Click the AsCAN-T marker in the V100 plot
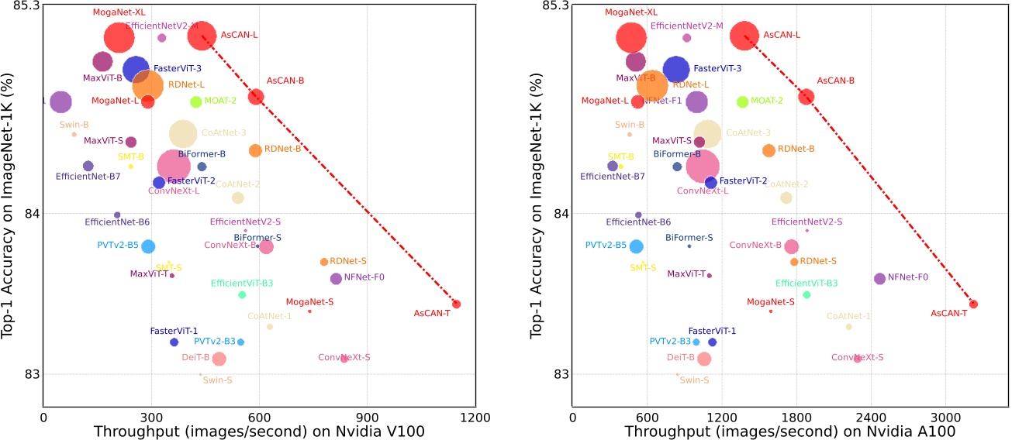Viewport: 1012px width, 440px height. [456, 304]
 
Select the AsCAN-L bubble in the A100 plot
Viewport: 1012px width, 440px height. [745, 36]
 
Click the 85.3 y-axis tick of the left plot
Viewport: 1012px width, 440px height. [21, 6]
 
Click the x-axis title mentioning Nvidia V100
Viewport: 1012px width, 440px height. [259, 431]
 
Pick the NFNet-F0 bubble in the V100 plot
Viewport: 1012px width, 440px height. [336, 278]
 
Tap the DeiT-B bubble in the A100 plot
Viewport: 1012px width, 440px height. [703, 359]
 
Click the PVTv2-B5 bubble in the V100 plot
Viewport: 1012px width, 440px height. [148, 246]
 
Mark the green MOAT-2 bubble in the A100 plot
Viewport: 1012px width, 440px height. [742, 101]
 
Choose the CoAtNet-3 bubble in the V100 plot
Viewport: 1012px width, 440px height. [183, 134]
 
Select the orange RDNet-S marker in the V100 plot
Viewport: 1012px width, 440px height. [324, 262]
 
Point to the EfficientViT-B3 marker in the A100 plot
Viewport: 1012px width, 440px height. [806, 294]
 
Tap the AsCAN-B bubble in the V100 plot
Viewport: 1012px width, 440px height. [256, 96]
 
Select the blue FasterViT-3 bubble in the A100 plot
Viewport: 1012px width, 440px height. [675, 69]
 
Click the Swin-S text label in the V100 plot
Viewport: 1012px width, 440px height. [217, 380]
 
